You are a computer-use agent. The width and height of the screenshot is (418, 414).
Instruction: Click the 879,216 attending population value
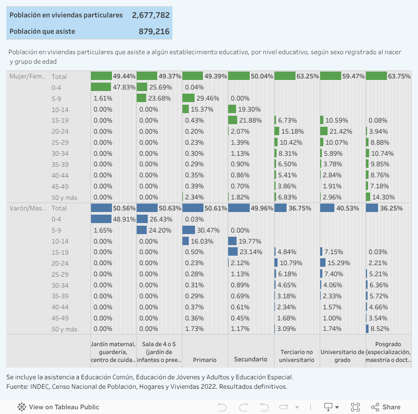[154, 32]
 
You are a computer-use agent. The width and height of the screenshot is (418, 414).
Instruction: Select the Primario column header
[205, 360]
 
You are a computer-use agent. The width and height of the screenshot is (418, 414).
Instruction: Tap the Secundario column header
[250, 360]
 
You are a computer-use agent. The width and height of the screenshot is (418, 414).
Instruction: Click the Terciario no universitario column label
[297, 356]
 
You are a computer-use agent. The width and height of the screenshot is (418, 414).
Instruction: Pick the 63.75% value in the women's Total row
[400, 76]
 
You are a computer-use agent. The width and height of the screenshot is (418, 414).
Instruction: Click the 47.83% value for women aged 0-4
[124, 87]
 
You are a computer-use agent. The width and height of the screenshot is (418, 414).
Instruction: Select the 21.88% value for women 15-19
[251, 120]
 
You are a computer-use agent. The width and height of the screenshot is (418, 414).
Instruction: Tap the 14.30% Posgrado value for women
[383, 197]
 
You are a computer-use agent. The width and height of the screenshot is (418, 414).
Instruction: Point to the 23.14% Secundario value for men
[251, 253]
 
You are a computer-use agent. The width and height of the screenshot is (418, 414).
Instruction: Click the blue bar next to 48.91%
[101, 219]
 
